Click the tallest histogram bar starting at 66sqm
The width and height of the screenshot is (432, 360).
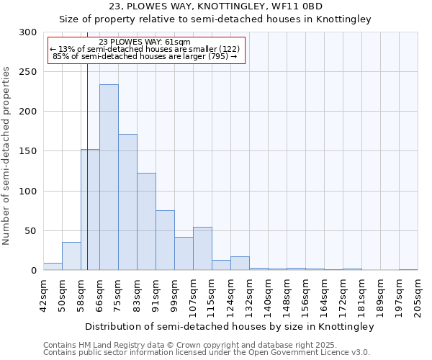[x=109, y=177]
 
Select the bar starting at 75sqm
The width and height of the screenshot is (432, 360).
[x=127, y=202]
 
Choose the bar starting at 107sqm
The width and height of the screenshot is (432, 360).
[x=202, y=248]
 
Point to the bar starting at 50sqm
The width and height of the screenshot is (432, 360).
[x=71, y=256]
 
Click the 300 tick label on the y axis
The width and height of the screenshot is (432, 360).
[x=28, y=32]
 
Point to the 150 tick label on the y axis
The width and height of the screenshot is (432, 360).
[x=28, y=151]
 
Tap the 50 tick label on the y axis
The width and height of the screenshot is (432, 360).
[x=31, y=231]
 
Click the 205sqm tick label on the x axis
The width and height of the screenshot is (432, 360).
[x=418, y=295]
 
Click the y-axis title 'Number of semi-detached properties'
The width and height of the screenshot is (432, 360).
[x=7, y=156]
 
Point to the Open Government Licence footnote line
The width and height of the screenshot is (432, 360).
[x=207, y=353]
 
